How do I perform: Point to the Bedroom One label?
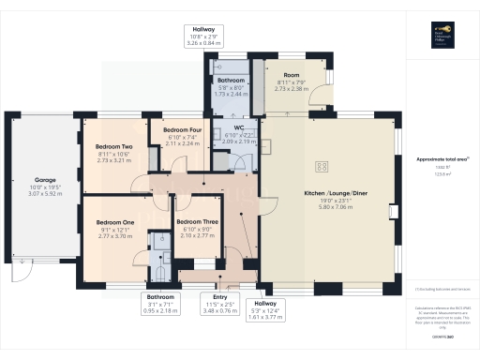[x=115, y=222]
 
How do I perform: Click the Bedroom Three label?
[x=196, y=222]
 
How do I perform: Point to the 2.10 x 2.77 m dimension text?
[x=196, y=236]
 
